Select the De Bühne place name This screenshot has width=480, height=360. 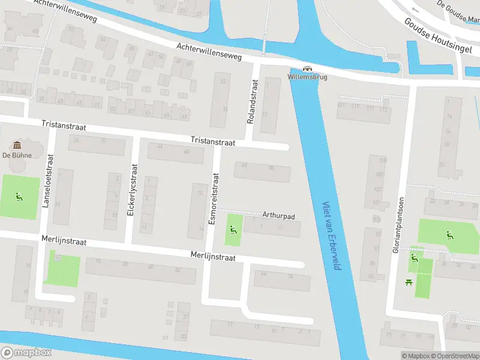tap(16, 155)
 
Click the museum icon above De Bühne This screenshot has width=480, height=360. tap(17, 145)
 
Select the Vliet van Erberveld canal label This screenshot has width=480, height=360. tap(331, 235)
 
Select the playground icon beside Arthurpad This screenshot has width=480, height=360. tap(233, 229)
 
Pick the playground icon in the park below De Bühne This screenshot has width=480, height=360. tap(19, 196)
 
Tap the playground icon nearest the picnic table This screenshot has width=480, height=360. tap(414, 258)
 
